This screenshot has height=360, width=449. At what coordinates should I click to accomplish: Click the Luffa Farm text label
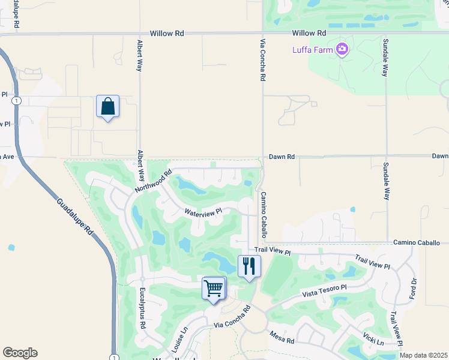click(312, 50)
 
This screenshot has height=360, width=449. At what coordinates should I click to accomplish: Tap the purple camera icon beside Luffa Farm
click(342, 49)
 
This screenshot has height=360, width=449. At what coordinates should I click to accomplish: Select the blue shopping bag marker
click(107, 107)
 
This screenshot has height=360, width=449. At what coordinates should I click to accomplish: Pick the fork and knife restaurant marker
click(249, 266)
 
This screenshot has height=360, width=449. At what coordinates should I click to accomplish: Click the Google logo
click(20, 353)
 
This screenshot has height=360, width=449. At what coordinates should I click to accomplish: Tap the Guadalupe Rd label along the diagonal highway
click(76, 217)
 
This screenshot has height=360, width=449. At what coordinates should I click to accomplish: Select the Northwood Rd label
click(153, 181)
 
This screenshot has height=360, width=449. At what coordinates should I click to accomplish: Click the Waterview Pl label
click(203, 212)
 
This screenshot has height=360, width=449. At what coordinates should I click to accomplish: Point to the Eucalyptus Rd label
click(142, 308)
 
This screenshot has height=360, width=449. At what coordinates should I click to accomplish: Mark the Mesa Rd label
click(282, 337)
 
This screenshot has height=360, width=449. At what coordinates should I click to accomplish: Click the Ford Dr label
click(413, 289)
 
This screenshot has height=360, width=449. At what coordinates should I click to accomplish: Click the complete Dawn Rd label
click(282, 157)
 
